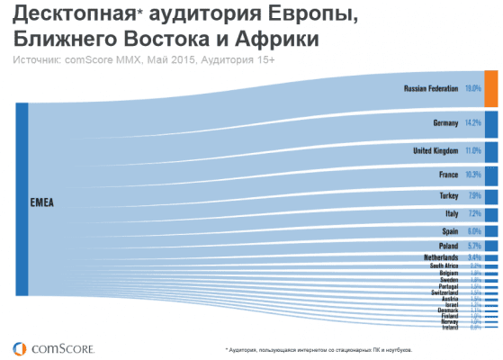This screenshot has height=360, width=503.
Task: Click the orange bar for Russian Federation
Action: [491, 88]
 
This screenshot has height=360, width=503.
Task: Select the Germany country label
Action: [445, 122]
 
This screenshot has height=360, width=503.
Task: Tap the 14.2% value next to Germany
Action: [473, 122]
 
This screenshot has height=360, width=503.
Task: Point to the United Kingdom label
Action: [436, 150]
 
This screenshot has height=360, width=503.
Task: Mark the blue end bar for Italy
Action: [491, 214]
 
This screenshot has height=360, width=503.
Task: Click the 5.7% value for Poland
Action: [474, 246]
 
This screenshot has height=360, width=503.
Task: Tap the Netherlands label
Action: [440, 257]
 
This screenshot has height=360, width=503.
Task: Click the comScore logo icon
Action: [19, 346]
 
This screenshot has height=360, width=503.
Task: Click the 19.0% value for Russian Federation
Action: [473, 89]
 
